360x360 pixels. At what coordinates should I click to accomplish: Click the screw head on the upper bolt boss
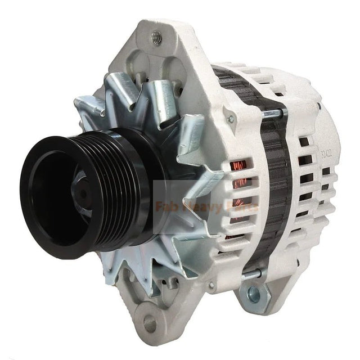[x=229, y=119]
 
